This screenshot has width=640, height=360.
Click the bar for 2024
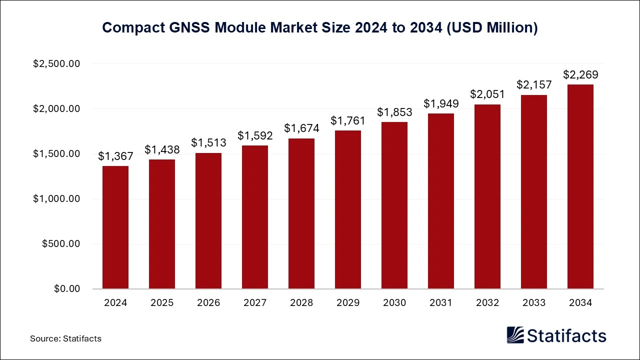[x=115, y=227]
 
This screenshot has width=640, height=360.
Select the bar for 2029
[x=348, y=209]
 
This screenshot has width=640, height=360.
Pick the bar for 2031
[x=441, y=201]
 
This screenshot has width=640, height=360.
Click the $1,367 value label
[x=115, y=156]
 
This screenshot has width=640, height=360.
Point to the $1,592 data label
[x=255, y=136]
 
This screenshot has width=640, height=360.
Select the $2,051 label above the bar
[x=487, y=94]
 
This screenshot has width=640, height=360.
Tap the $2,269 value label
[x=580, y=75]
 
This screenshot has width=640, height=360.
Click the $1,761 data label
[x=348, y=120]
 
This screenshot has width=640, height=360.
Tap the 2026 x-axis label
[x=208, y=303]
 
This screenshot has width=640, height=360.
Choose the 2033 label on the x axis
[x=534, y=303]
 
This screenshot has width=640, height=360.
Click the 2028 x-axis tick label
[x=301, y=303]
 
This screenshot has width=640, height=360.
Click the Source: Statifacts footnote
[x=65, y=338]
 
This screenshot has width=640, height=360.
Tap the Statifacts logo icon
[x=515, y=335]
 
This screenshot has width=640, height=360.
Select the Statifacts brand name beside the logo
[x=566, y=335]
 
